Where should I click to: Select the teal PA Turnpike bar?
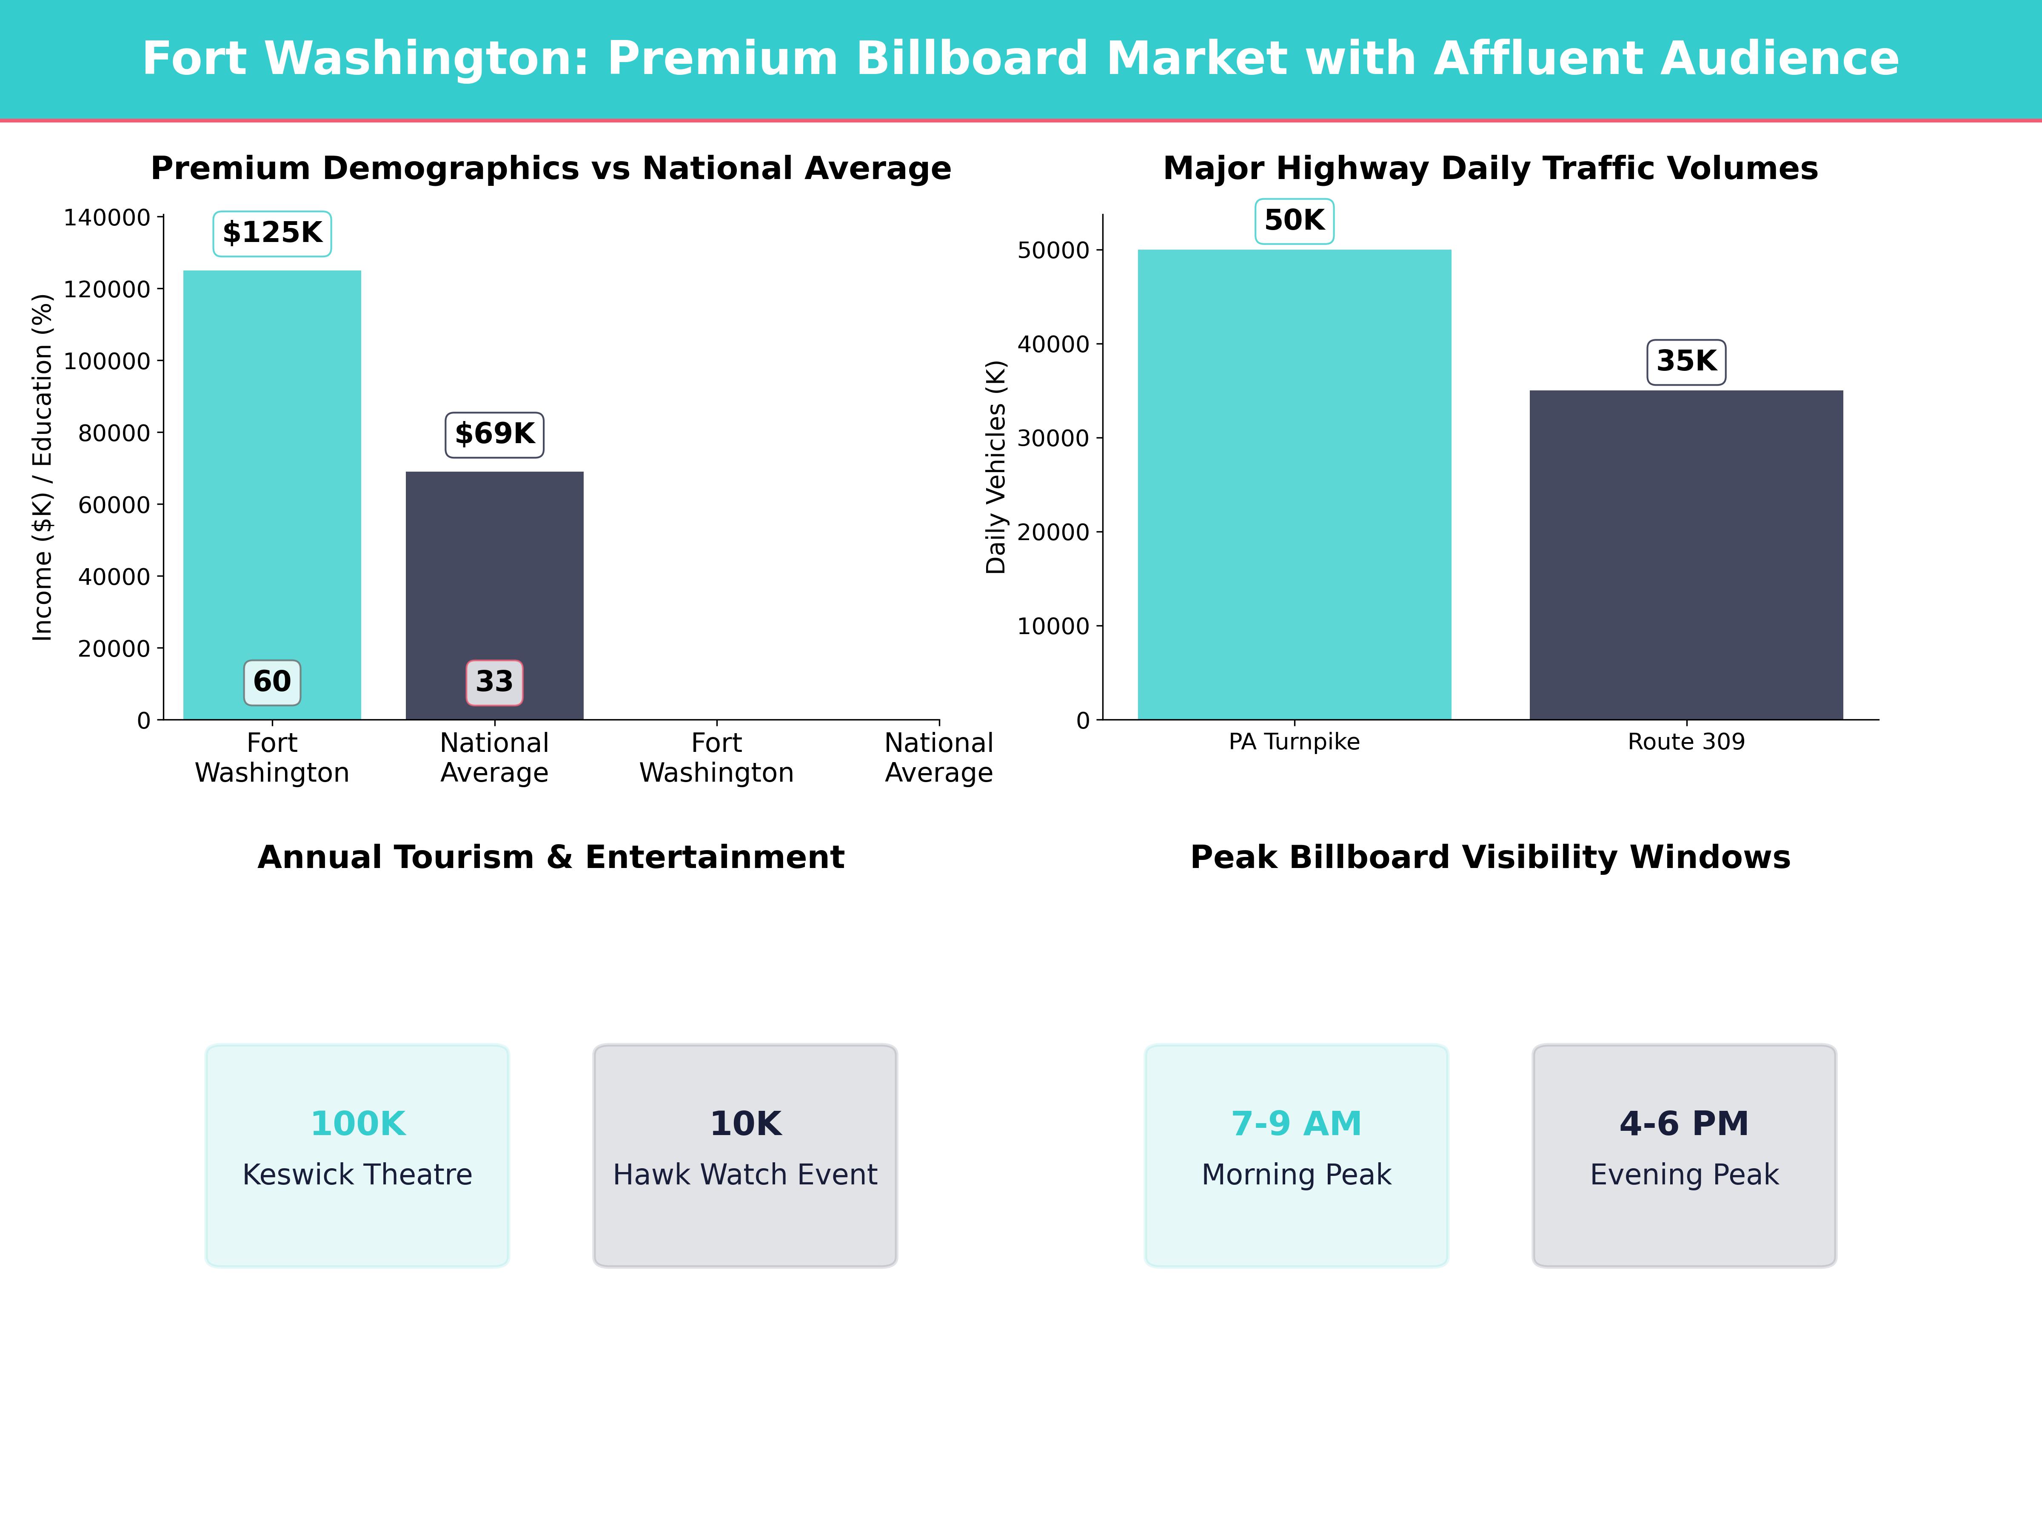[1294, 484]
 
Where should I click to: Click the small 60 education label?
[272, 682]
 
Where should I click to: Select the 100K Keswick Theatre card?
[357, 1155]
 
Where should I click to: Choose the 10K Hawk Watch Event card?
[745, 1155]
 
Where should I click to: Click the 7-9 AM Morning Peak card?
[1296, 1155]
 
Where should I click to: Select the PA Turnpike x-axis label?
[1294, 742]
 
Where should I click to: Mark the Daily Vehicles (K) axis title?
[995, 467]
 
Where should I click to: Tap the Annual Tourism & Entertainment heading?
[551, 857]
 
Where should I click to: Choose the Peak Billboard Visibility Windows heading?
[1490, 857]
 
